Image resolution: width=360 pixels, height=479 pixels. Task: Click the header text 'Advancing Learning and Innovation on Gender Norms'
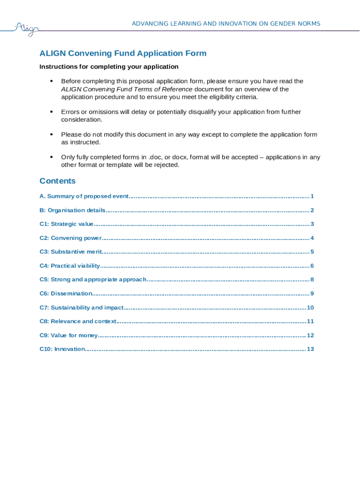tap(226, 23)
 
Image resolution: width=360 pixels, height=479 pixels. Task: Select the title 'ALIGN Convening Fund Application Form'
tap(122, 53)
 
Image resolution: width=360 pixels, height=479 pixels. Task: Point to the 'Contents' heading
tap(58, 181)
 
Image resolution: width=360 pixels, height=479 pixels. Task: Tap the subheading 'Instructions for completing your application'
tap(109, 67)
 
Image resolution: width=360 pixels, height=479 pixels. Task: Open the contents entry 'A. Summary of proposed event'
tap(84, 196)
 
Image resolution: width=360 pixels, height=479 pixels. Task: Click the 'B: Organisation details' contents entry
tap(72, 210)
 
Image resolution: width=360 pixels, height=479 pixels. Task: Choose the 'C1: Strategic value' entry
tap(66, 224)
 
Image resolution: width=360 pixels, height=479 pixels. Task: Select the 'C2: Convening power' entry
tap(71, 238)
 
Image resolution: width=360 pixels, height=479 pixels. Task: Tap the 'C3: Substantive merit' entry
tap(71, 252)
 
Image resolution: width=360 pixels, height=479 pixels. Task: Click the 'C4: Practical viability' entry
tap(70, 266)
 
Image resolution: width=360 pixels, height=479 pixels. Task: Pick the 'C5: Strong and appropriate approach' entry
tap(93, 280)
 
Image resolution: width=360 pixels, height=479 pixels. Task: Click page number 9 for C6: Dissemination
tap(311, 294)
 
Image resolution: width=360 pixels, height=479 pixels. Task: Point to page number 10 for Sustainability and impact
tap(310, 308)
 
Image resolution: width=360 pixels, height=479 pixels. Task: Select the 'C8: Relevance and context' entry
tap(78, 321)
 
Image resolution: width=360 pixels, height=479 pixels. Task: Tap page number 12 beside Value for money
tap(310, 335)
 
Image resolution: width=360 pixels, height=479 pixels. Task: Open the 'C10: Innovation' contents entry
tap(62, 349)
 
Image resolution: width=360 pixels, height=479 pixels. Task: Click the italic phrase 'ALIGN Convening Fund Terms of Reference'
tap(127, 89)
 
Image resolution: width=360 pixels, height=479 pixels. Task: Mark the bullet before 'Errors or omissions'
tap(51, 112)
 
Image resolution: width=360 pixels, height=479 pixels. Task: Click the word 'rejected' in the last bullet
tap(166, 165)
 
